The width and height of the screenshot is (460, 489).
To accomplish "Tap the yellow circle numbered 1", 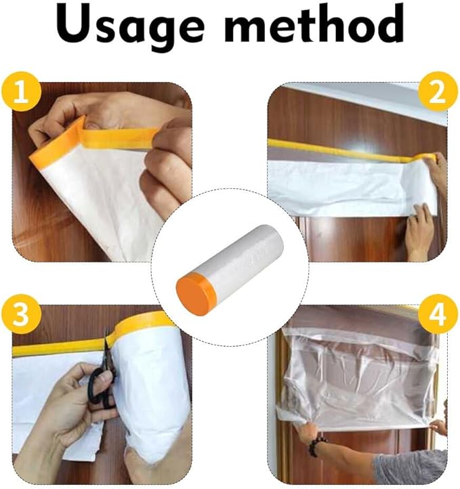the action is pos(22,92).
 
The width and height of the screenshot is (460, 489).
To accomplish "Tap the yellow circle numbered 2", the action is pos(438,92).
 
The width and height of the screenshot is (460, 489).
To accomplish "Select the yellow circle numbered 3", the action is pos(22,314).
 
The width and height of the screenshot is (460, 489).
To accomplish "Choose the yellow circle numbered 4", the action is pos(438,314).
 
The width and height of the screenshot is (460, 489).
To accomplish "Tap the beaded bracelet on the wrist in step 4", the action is pos(318,446).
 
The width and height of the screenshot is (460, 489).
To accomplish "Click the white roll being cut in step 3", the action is pos(150,393).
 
